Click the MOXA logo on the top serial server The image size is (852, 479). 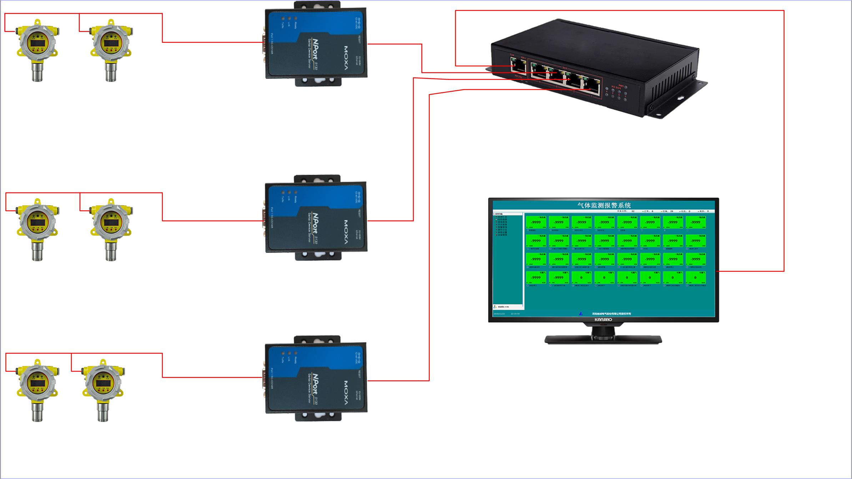click(346, 53)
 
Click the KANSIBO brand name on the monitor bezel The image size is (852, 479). click(603, 320)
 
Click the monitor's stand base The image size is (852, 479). click(603, 339)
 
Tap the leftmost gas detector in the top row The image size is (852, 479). click(37, 50)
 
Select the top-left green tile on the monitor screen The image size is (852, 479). click(536, 222)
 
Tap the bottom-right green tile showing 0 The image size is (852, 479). click(695, 277)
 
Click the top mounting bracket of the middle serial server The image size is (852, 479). click(317, 178)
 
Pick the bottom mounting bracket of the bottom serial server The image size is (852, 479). click(317, 417)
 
